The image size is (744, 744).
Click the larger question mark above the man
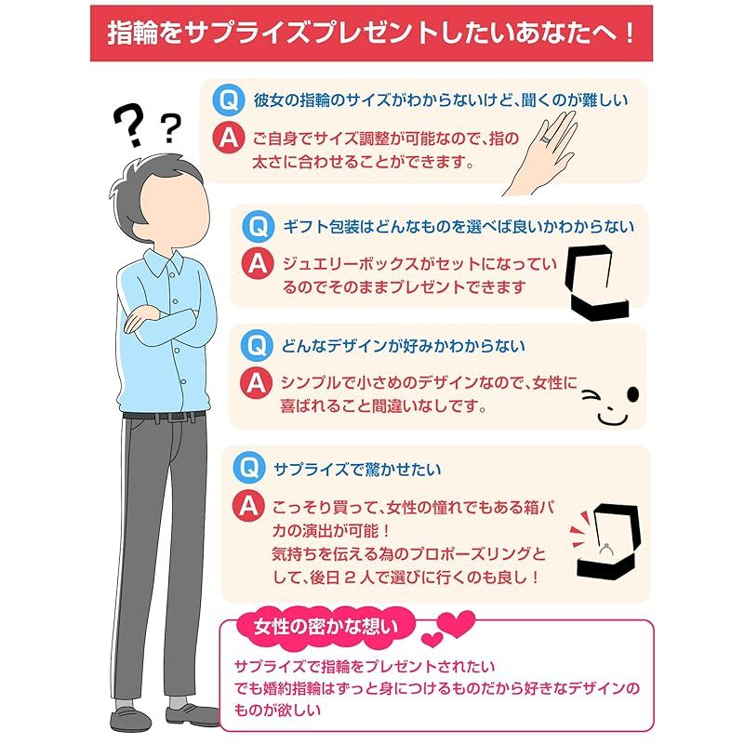coord(129,125)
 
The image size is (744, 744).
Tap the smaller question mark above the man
coord(170,128)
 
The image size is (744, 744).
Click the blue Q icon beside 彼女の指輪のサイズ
coord(228,100)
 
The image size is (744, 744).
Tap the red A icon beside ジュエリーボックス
coord(258,264)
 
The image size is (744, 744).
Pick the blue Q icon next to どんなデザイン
coord(257,345)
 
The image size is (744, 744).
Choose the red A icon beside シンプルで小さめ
coord(256,382)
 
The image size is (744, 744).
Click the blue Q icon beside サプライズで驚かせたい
coord(249,468)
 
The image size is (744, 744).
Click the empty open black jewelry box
coord(597,283)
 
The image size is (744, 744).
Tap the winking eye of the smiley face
coord(591,395)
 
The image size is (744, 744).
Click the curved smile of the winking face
coord(612,419)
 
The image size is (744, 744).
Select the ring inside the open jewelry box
coord(606,549)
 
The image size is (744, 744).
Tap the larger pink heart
coord(456,624)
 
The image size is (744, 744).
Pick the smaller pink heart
coord(432,640)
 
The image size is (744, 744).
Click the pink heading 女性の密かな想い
coord(325,627)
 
